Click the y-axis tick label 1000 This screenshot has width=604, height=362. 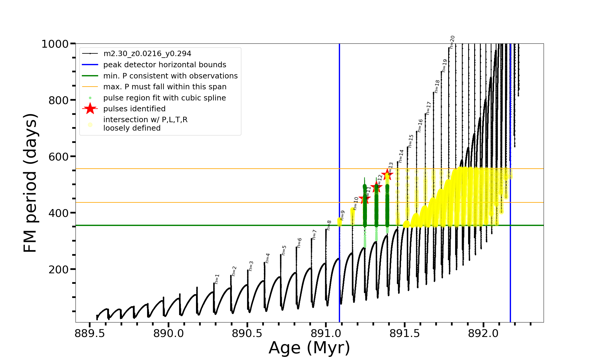55,44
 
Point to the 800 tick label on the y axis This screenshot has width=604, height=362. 59,100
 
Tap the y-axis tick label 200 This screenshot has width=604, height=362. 59,269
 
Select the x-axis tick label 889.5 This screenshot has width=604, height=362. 90,334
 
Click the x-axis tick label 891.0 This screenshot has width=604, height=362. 326,334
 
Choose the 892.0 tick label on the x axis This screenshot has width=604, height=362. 483,334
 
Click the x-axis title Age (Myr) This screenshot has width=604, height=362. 309,348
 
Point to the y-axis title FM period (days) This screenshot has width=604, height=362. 31,183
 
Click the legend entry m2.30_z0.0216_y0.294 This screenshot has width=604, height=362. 147,54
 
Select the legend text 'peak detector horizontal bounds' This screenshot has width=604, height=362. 165,65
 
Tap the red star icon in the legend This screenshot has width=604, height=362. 90,109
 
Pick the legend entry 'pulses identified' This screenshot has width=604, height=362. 134,109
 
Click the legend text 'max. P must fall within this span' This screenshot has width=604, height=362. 165,87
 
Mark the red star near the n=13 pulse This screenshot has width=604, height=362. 387,174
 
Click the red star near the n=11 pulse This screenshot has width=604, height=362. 365,198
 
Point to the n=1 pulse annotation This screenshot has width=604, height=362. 217,279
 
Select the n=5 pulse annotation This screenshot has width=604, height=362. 284,250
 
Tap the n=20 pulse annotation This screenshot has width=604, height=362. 452,42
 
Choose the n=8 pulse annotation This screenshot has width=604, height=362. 329,225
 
